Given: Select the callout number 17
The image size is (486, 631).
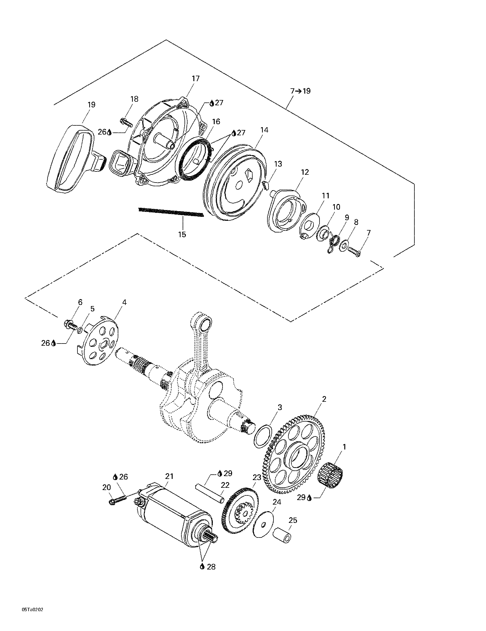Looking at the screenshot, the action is pyautogui.click(x=196, y=78).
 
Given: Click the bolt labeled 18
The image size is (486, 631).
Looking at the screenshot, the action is pyautogui.click(x=126, y=122).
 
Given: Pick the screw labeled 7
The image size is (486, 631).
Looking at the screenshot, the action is pyautogui.click(x=354, y=252).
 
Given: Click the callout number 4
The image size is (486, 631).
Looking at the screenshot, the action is pyautogui.click(x=124, y=302).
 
